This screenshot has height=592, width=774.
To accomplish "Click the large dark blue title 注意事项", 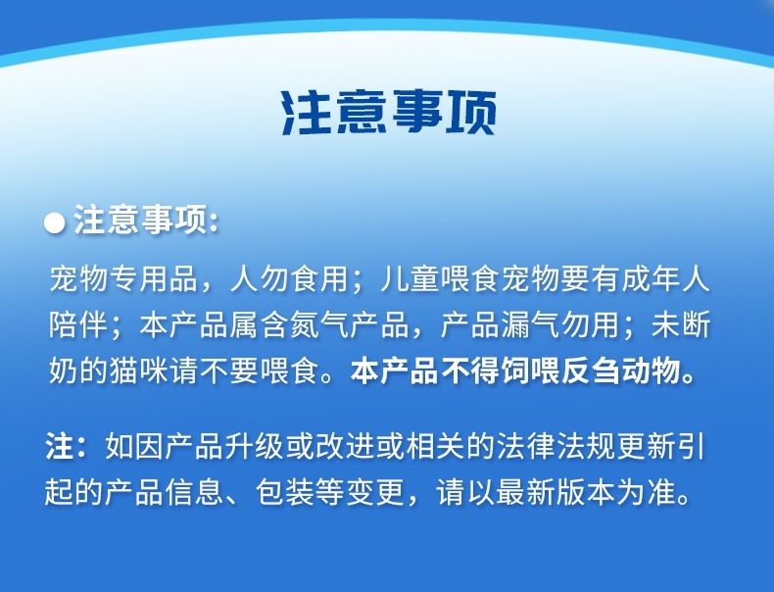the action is (389, 113).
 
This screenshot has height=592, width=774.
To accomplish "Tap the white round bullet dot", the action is (54, 222).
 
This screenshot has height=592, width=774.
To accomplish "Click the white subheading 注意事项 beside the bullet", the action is (140, 220).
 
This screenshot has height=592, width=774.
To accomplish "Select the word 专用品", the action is (154, 279).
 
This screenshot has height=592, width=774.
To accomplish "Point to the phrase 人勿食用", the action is (290, 279).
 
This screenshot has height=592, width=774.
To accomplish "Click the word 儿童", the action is (411, 279).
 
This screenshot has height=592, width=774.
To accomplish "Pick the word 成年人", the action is (666, 279).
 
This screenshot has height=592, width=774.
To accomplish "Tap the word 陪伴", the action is (78, 324).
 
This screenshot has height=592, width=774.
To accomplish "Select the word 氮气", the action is (319, 324).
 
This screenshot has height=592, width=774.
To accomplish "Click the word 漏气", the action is (530, 324).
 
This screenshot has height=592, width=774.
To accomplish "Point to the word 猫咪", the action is (139, 370).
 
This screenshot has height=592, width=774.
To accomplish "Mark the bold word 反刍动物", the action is (621, 370).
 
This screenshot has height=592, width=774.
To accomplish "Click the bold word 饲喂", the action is (530, 370).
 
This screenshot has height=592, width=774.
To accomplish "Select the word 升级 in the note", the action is (255, 446).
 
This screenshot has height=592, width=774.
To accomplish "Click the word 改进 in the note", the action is (345, 446).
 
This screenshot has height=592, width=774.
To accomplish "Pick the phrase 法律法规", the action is (556, 446).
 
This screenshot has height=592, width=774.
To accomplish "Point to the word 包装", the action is (285, 492).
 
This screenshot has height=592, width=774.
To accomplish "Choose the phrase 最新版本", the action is (556, 492).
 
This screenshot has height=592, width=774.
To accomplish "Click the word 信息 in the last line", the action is (195, 492).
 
